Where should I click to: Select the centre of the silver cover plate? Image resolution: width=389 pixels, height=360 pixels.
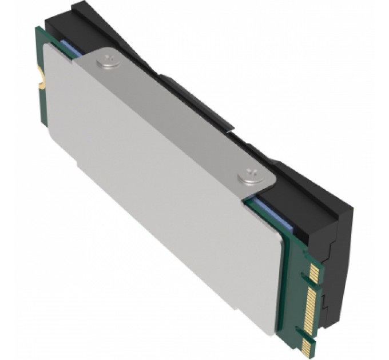[166, 189]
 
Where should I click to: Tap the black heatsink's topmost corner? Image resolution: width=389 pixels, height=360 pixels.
[74, 5]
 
